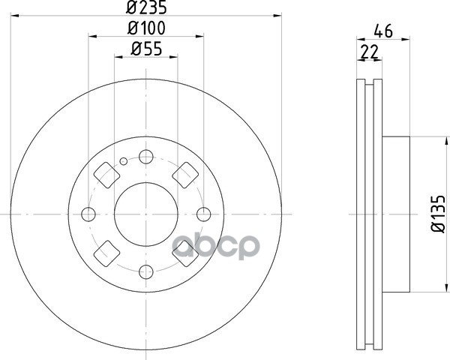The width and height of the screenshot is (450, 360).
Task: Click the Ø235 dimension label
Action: click(146, 7)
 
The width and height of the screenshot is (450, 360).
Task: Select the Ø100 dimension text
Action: click(146, 28)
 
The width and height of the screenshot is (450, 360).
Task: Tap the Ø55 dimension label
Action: click(146, 49)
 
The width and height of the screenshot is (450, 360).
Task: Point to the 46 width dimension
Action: click(383, 31)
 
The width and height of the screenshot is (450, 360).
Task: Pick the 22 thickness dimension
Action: click(370, 52)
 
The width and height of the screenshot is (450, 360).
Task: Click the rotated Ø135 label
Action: click(438, 214)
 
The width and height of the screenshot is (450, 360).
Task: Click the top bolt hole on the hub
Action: click(146, 157)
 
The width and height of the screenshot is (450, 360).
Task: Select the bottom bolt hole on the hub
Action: click(146, 271)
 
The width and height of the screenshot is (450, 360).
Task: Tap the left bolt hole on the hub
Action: click(88, 214)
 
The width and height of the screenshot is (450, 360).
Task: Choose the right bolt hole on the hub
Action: click(204, 214)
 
